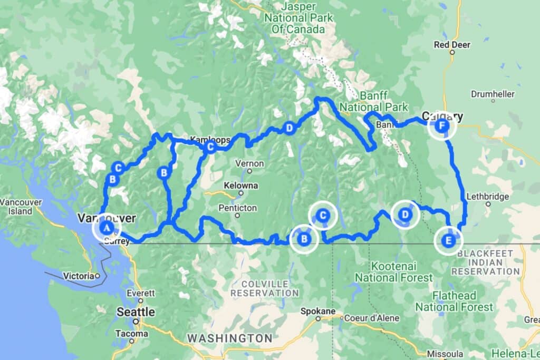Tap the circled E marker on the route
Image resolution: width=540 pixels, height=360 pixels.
(448, 241)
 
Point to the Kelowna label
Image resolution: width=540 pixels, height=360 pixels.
(241, 186)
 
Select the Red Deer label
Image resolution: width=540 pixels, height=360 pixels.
(452, 45)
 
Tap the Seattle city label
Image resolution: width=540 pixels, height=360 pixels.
(136, 312)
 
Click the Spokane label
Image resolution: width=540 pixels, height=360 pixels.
(318, 311)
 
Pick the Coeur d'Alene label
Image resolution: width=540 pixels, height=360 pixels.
(371, 318)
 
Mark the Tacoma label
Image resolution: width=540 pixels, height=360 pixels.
(131, 334)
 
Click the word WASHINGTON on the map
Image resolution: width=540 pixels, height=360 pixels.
(230, 338)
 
